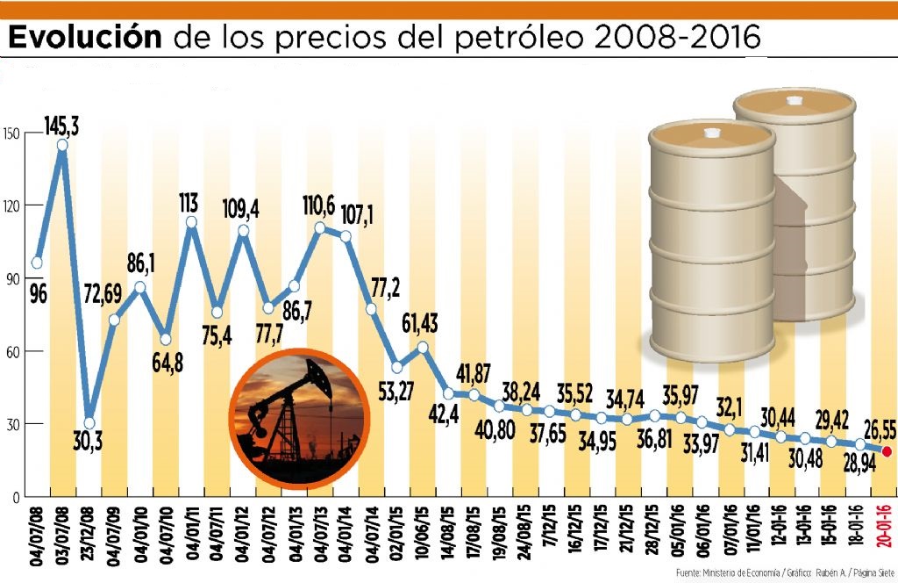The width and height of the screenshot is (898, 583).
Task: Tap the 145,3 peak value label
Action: [61, 128]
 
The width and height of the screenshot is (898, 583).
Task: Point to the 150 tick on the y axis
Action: [11, 133]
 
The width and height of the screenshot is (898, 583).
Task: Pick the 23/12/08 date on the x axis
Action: [88, 537]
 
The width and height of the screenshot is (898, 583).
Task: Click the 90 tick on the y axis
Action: [10, 278]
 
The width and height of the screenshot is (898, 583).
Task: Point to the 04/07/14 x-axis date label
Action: [371, 537]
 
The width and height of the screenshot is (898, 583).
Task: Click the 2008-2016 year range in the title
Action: [676, 37]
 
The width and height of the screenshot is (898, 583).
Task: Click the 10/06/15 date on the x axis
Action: [423, 537]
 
